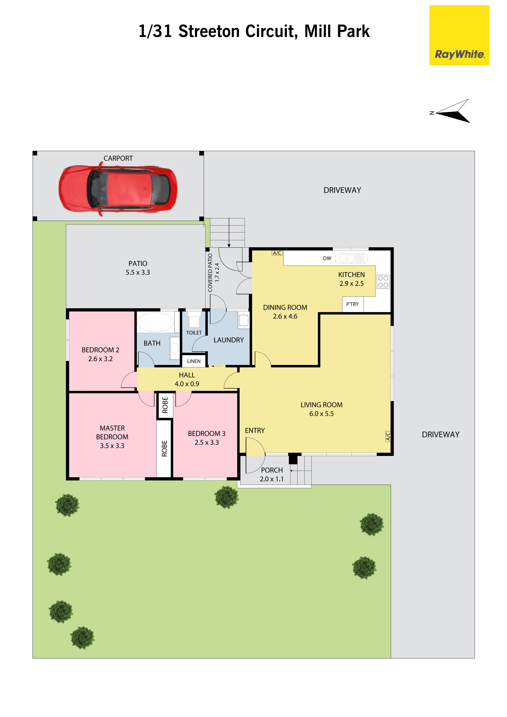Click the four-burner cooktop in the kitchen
pos(383,281)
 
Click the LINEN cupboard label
pos(194,361)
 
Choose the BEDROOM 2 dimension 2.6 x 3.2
pos(100,359)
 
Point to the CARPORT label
pos(118,158)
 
